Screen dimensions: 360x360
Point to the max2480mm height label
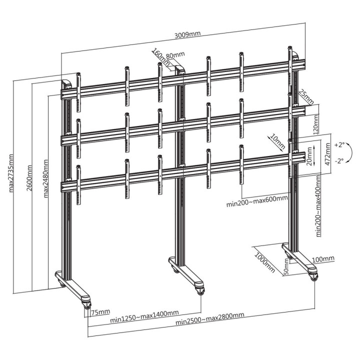click(46, 178)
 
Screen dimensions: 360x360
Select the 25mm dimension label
click(305, 96)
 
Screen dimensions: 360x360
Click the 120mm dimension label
click(315, 122)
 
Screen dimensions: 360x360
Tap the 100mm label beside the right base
click(323, 258)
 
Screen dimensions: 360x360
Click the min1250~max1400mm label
click(144, 313)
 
